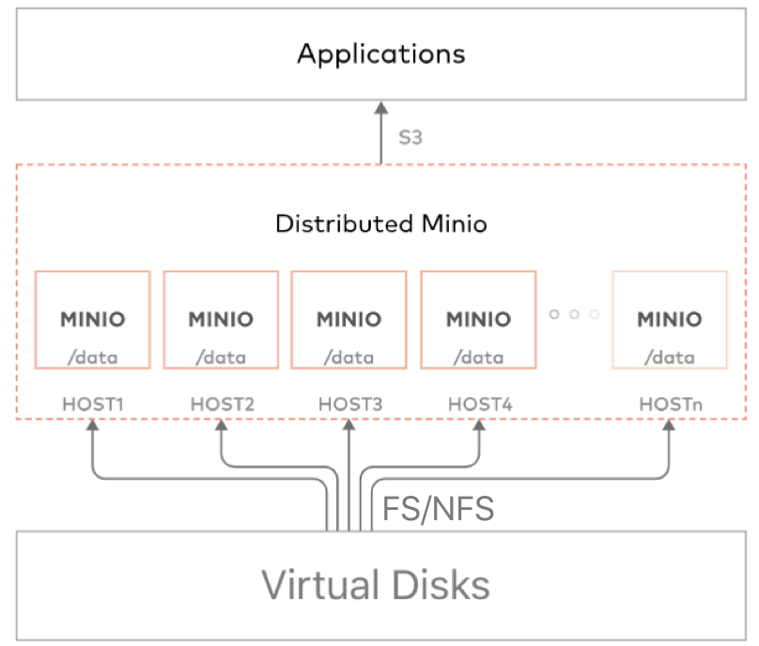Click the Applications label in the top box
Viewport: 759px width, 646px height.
(380, 54)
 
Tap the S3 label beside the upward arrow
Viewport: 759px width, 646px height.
(410, 137)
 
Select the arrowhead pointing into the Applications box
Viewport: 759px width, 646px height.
(381, 109)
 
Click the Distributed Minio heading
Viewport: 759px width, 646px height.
(380, 224)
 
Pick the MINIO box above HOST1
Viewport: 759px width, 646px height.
(92, 319)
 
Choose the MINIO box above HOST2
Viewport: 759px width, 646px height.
(221, 319)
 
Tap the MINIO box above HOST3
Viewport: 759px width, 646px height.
(349, 319)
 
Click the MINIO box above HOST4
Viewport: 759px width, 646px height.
(478, 319)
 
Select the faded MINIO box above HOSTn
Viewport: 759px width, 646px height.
(669, 319)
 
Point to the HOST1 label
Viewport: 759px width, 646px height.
(93, 405)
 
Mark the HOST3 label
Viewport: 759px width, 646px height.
(349, 405)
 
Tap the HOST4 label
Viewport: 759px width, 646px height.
(479, 405)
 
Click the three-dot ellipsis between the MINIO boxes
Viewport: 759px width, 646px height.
(574, 315)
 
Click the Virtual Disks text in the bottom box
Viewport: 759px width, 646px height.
(376, 585)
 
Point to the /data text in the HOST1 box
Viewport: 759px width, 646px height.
(92, 357)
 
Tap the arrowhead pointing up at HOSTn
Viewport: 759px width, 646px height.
(669, 426)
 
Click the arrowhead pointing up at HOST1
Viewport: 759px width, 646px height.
(93, 426)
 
